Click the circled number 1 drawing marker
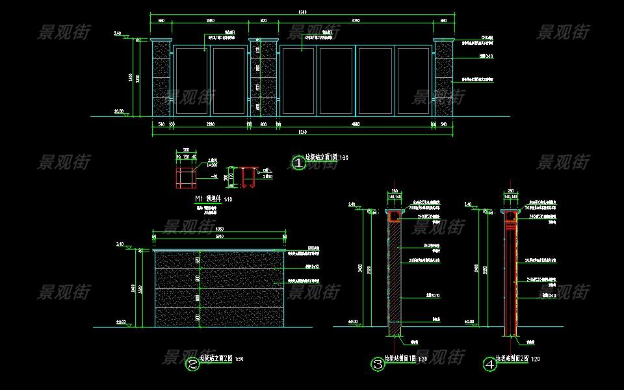pyautogui.click(x=298, y=162)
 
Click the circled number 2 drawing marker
pyautogui.click(x=192, y=364)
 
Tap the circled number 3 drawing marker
pyautogui.click(x=378, y=364)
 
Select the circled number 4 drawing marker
pyautogui.click(x=489, y=364)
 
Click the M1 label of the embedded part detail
pyautogui.click(x=199, y=198)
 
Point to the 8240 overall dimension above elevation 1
pyautogui.click(x=302, y=12)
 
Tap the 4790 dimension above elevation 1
pyautogui.click(x=356, y=21)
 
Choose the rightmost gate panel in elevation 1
pyautogui.click(x=415, y=81)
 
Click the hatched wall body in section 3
pyautogui.click(x=394, y=273)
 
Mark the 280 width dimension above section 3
pyautogui.click(x=395, y=190)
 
